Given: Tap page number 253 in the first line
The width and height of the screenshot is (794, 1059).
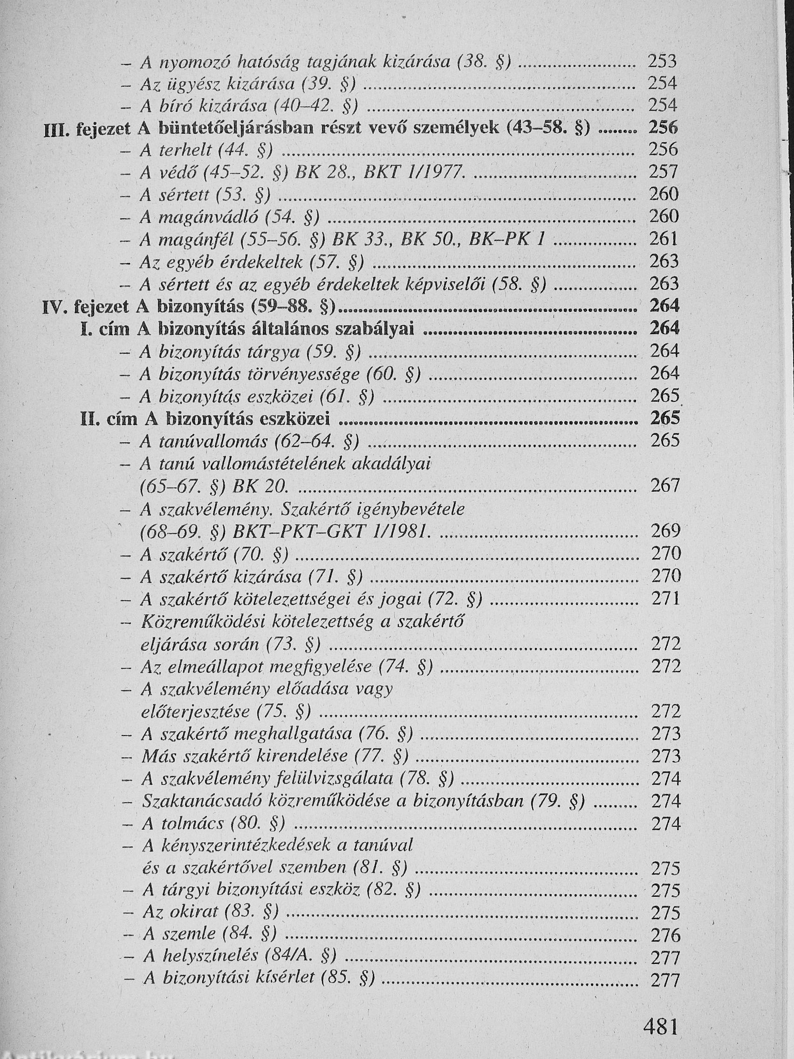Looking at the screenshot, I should (x=663, y=61).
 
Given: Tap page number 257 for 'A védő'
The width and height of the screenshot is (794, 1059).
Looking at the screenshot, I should (x=664, y=172).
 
